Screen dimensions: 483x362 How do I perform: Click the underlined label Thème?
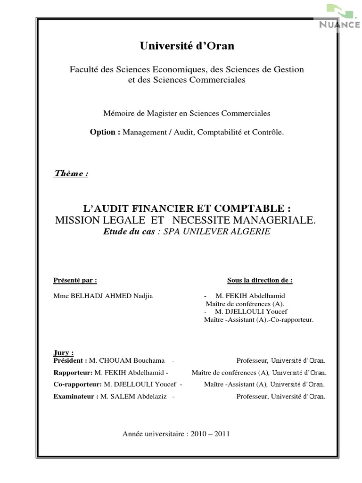coord(71,173)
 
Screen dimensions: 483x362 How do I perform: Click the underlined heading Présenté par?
coord(75,280)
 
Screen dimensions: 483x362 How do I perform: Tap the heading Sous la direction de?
coord(260,280)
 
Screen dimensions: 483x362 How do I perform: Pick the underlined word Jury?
coord(64,352)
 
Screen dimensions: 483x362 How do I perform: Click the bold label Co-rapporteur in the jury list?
coord(78,384)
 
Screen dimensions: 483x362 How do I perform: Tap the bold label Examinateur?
coord(76,397)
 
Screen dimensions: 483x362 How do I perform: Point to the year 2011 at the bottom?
coord(221,434)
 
